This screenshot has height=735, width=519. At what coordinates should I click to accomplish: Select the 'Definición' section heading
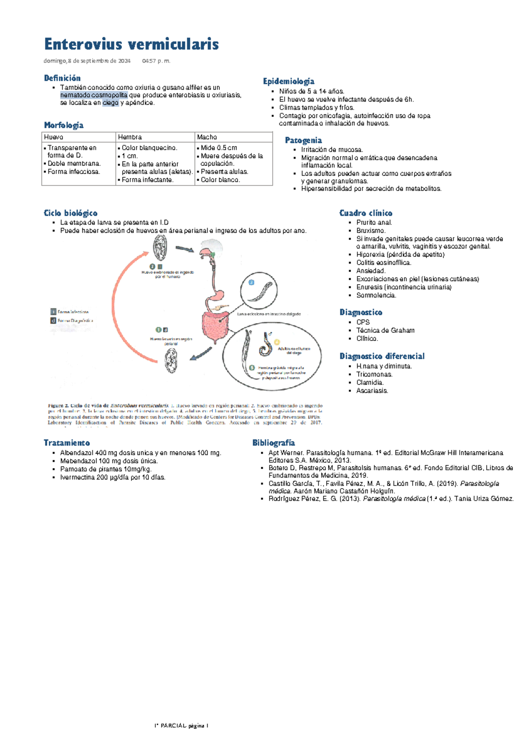click(62, 78)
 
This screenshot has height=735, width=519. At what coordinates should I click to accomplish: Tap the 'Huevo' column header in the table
click(54, 137)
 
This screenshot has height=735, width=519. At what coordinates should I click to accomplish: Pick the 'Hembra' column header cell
click(130, 137)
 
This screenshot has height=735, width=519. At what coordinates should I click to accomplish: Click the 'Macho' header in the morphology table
click(207, 137)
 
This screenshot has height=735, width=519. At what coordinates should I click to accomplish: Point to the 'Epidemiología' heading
click(288, 81)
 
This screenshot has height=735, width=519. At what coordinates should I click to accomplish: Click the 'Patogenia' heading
click(303, 140)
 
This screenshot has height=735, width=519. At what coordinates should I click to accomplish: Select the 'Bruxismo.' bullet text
click(371, 231)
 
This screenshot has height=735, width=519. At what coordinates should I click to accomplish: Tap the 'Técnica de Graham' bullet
click(385, 331)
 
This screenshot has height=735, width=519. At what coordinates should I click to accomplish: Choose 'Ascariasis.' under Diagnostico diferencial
click(372, 391)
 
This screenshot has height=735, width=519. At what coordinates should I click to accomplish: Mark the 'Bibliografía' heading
click(274, 443)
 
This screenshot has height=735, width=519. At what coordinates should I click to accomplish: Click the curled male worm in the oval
click(265, 344)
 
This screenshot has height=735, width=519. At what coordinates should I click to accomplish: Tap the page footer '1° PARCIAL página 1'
click(182, 726)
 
